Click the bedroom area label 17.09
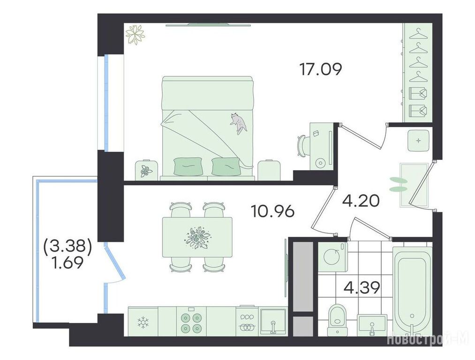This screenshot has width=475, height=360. tap(321, 69)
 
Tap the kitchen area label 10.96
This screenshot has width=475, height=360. tap(272, 211)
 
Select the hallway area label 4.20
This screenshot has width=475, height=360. tap(361, 201)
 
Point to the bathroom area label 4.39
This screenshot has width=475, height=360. tap(362, 288)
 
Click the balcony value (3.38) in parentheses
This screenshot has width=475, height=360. tap(68, 247)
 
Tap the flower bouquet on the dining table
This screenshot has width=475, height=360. tap(197, 238)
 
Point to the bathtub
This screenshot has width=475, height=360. tap(412, 291)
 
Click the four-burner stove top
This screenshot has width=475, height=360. tap(191, 322)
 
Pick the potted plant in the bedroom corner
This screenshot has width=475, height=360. tap(136, 35)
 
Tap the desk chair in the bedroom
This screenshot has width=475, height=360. tap(303, 146)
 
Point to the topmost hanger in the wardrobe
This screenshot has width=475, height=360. tap(418, 34)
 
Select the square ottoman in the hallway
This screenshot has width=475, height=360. tap(418, 140)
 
